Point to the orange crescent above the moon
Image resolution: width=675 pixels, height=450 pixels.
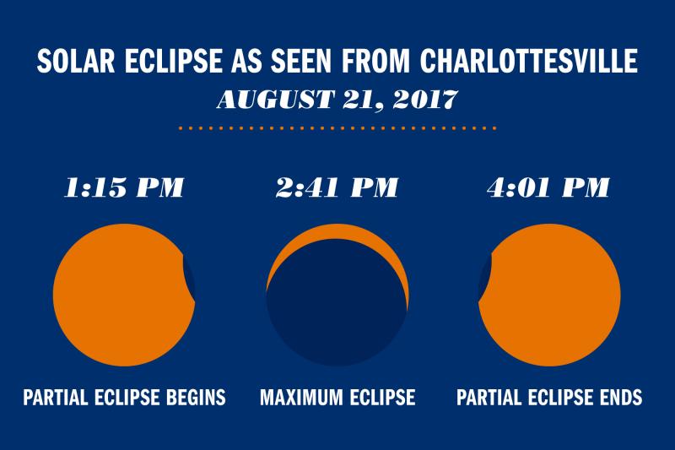[x=337, y=233]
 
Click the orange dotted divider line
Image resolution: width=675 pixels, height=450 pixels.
[x=337, y=128]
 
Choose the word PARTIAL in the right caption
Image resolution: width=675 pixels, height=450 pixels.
[x=489, y=396]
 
